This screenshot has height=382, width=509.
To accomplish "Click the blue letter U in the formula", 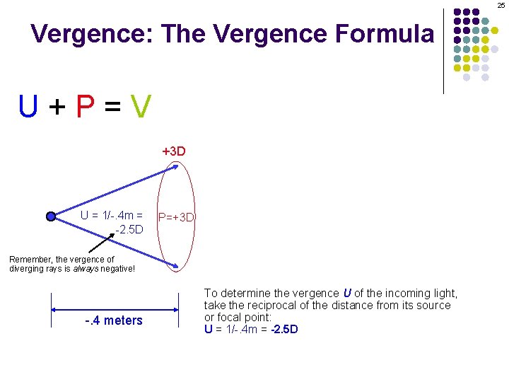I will click(29, 107).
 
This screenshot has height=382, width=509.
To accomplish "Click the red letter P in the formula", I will click(85, 107).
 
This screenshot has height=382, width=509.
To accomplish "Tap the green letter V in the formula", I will click(141, 107).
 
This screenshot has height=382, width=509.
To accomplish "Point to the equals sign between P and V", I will click(113, 108).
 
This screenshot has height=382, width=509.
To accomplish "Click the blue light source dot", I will click(51, 216).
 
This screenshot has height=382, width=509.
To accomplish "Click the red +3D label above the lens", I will click(174, 151).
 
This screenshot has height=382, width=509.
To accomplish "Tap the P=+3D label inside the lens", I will click(177, 217).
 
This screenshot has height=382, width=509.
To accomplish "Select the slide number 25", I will click(501, 6).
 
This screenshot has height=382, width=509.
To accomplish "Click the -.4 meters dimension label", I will click(113, 320).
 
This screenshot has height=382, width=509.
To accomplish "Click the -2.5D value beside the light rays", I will click(130, 229).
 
